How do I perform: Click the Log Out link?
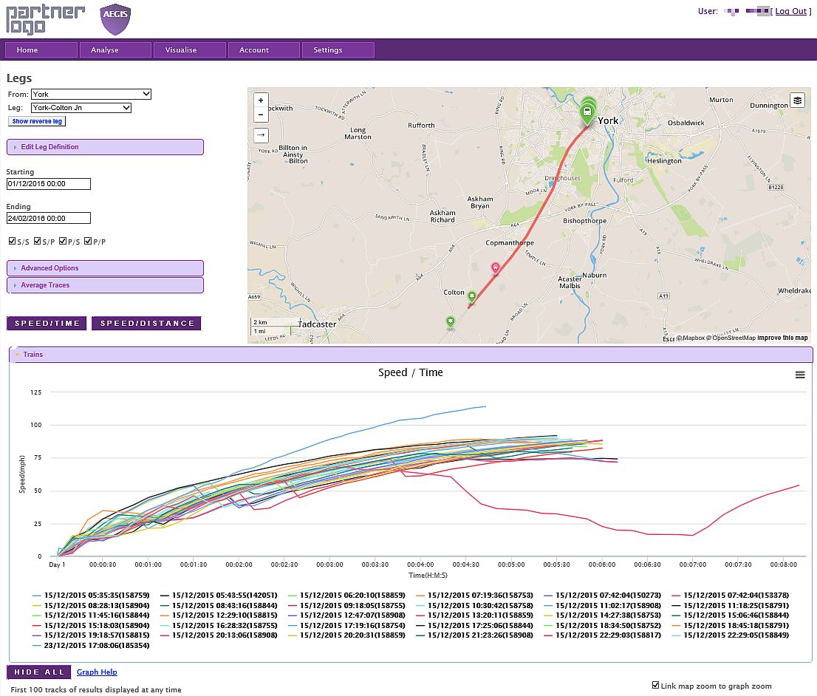[790, 11]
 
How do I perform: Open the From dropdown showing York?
[91, 95]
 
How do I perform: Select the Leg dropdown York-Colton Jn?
[81, 108]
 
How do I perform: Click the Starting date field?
[48, 184]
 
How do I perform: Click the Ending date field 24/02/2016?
[48, 219]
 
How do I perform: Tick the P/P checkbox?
[88, 242]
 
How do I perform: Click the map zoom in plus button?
[260, 100]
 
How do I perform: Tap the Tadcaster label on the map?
[317, 324]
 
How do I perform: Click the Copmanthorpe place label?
[510, 243]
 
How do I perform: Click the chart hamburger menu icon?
[800, 375]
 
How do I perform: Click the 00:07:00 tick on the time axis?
[692, 564]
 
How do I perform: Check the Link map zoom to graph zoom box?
[656, 685]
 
